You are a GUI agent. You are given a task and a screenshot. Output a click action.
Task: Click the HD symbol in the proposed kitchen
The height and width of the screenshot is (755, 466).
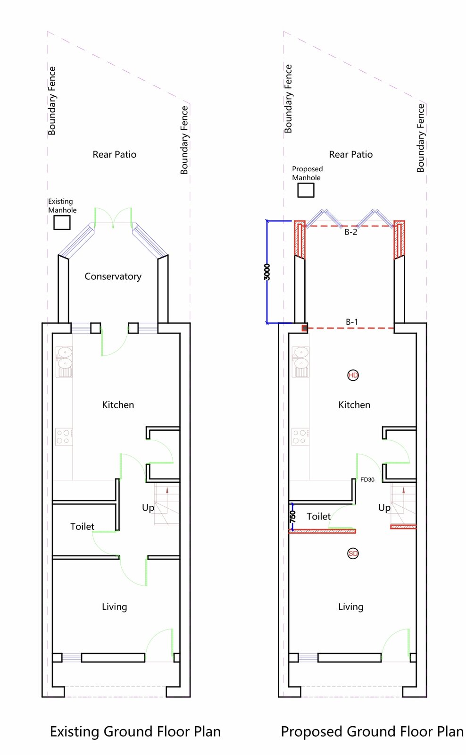[x=353, y=375]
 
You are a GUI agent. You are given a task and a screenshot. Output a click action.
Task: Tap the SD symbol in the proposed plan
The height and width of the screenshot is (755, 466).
[x=353, y=554]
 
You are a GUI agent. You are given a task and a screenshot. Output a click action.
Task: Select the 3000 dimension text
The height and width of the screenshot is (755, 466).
[x=267, y=272]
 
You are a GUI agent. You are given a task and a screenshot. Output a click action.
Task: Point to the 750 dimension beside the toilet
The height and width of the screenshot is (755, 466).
[x=292, y=517]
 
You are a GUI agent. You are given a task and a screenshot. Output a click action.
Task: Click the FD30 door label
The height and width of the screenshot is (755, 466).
[x=367, y=479]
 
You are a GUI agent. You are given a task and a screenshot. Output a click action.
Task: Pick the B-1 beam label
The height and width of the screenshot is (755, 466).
[x=352, y=322]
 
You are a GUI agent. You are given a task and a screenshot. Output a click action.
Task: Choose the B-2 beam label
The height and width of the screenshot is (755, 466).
[x=351, y=232]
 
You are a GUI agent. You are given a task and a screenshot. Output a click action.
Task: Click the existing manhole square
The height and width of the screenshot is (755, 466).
[x=62, y=223]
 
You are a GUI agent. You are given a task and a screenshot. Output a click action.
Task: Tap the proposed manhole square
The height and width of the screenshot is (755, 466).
[x=306, y=190]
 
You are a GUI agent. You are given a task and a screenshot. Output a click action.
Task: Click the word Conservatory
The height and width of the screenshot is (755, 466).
[x=113, y=277]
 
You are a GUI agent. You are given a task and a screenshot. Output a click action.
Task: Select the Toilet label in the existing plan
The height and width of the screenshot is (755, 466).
[x=82, y=527]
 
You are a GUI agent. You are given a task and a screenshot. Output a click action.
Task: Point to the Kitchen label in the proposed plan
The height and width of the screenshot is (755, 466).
[x=354, y=405]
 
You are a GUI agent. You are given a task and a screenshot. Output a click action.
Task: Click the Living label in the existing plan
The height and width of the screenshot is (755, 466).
[x=115, y=607]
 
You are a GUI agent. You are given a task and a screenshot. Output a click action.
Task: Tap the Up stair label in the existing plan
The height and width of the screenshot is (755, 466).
[x=148, y=508]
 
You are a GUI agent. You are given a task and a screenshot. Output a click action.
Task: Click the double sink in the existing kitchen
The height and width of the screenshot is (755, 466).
[x=64, y=361]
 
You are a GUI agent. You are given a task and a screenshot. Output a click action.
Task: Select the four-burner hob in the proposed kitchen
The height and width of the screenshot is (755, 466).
[x=300, y=436]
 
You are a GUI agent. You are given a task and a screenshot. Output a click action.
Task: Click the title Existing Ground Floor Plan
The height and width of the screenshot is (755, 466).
[x=135, y=732]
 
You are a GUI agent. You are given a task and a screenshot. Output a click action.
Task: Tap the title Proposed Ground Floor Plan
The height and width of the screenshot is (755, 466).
[x=372, y=732]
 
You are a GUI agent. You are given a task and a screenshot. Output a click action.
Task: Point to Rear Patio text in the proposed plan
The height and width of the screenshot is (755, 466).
[x=351, y=154]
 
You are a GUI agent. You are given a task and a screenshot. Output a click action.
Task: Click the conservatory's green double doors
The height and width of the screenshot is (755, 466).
[x=113, y=218]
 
